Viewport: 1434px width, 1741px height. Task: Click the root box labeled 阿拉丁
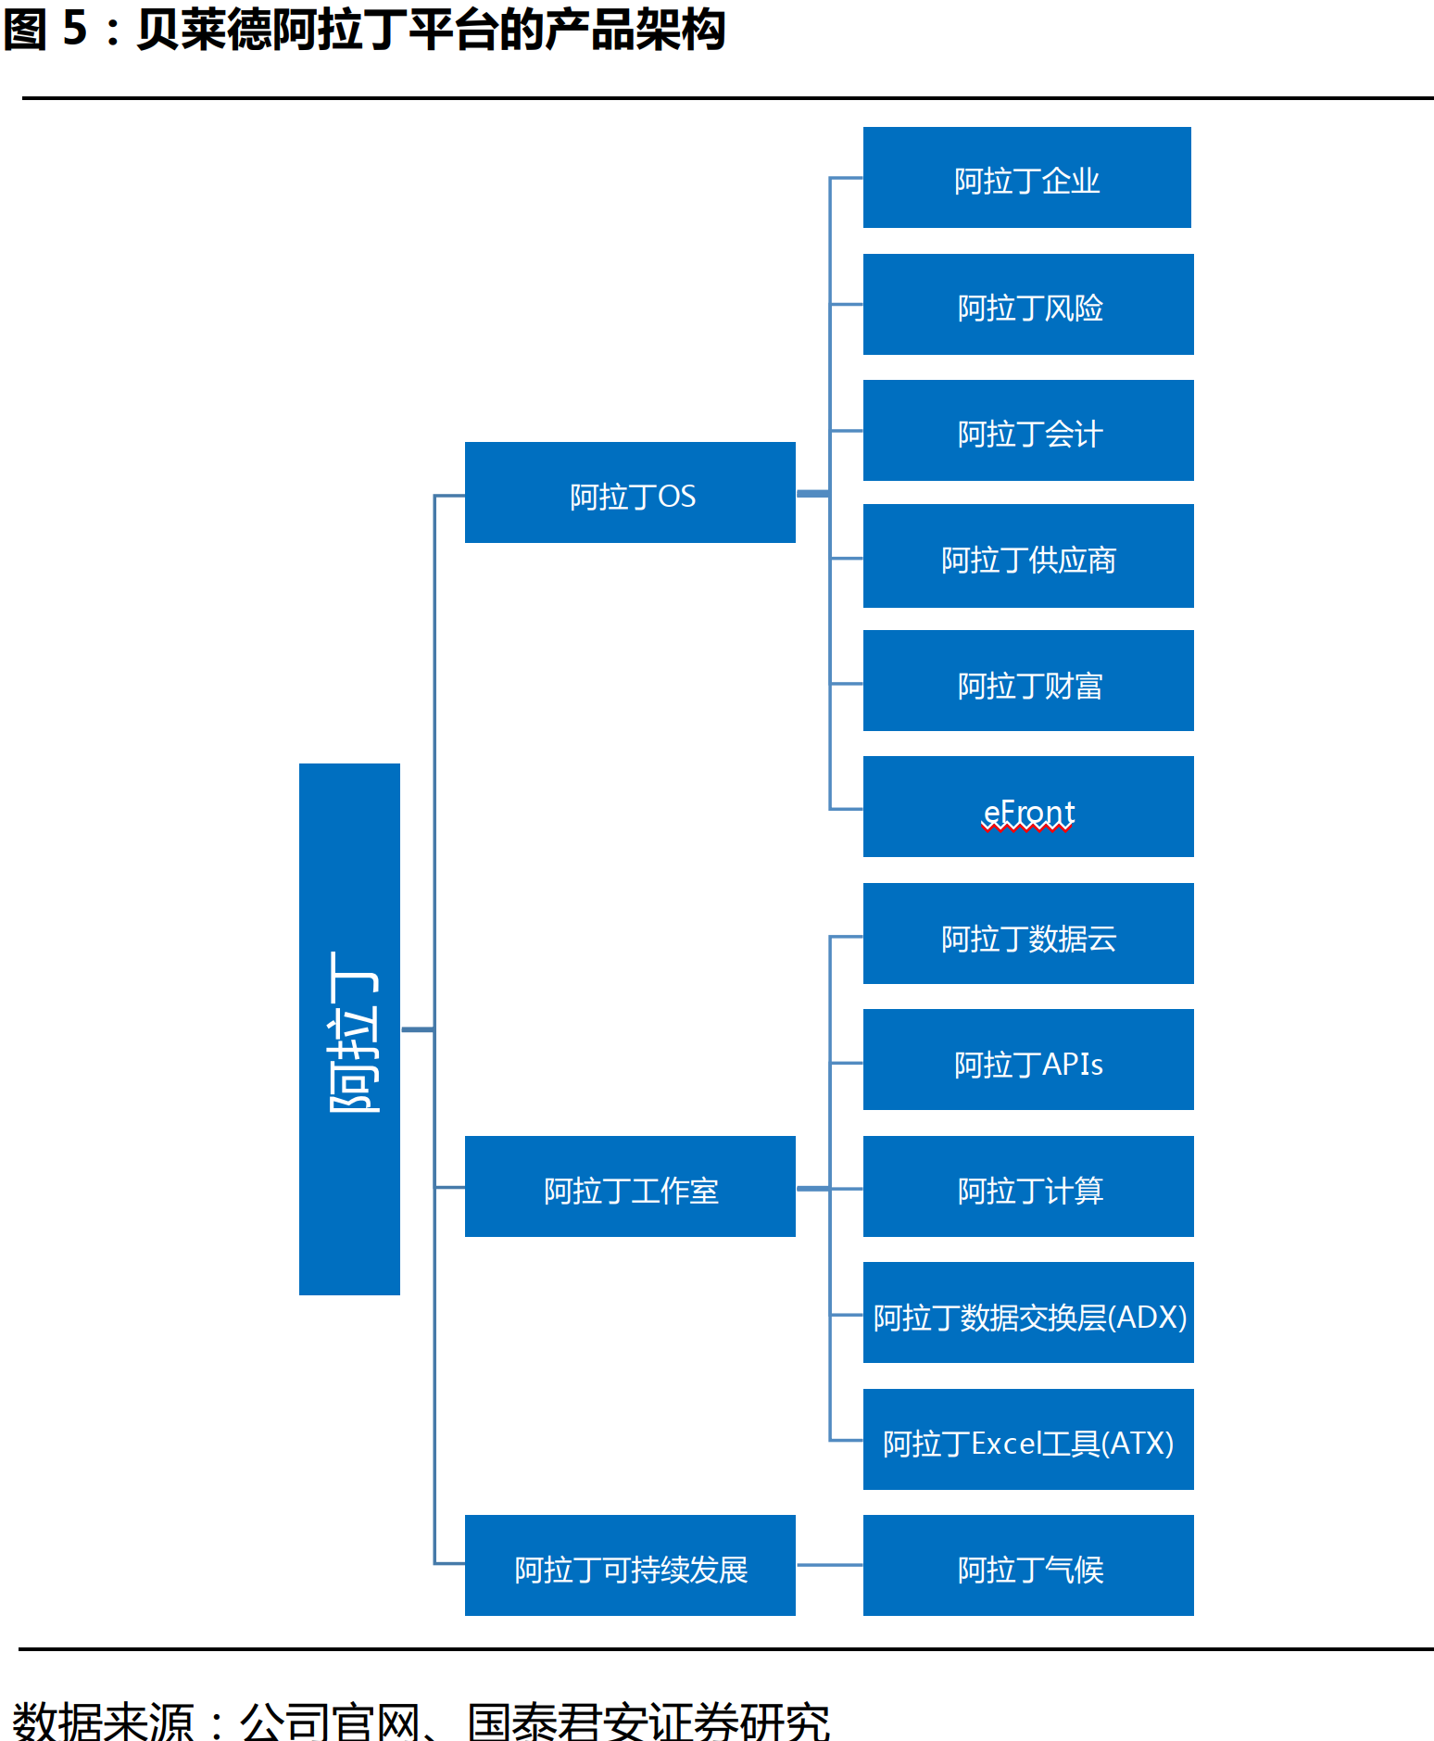[349, 1028]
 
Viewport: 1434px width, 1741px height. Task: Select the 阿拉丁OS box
[630, 492]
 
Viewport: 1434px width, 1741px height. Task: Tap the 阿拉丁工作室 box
[630, 1186]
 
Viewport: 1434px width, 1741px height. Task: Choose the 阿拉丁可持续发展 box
[630, 1565]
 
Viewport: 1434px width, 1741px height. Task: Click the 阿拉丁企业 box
[1026, 177]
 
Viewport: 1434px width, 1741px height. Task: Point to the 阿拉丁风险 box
[1028, 304]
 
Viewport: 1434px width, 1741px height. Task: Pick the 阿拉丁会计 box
[1028, 430]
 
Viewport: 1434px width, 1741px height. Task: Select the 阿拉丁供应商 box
[1028, 556]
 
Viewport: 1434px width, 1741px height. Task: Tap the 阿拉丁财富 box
[1028, 681]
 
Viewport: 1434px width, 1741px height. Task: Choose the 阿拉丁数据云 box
[1028, 933]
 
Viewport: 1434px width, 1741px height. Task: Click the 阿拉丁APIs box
[1028, 1059]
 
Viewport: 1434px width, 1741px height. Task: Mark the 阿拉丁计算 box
[1028, 1186]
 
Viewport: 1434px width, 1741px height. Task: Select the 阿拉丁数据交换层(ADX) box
[1028, 1312]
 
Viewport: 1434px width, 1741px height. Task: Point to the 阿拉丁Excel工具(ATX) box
[1028, 1439]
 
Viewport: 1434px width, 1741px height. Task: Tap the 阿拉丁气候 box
[1028, 1565]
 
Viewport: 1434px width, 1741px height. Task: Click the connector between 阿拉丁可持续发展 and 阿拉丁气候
[829, 1565]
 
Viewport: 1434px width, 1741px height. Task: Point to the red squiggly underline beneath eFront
[1028, 828]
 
